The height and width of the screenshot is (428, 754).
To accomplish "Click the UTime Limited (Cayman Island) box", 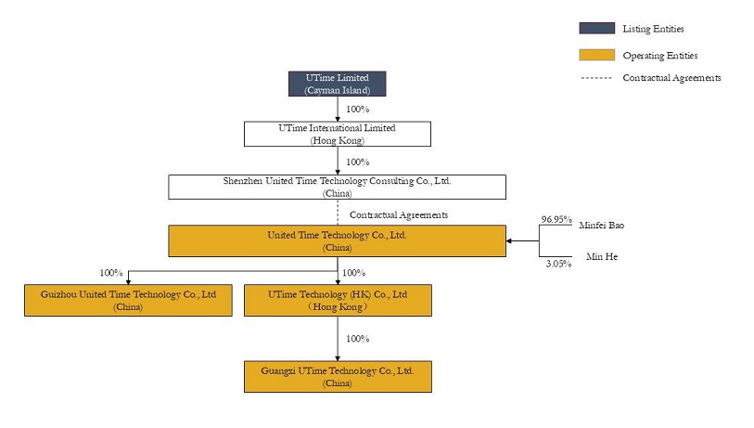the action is click(x=337, y=84).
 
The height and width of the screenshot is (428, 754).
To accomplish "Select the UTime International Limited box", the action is click(x=337, y=134).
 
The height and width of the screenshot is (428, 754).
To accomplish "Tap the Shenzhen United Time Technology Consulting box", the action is click(x=337, y=187).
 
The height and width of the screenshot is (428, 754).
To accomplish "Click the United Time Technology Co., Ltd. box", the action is click(x=337, y=240).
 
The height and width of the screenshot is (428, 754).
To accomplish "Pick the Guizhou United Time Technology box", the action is click(x=128, y=301).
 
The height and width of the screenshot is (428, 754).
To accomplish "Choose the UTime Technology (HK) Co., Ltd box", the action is click(x=338, y=301).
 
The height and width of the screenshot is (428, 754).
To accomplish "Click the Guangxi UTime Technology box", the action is click(x=338, y=377).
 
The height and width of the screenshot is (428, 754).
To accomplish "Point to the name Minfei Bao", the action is click(x=602, y=226).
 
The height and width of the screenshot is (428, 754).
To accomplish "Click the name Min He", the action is click(x=602, y=256).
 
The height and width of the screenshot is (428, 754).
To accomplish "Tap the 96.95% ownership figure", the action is click(x=556, y=219).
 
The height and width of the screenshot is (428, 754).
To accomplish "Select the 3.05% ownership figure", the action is click(x=558, y=264).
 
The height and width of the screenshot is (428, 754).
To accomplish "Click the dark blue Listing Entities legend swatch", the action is click(x=596, y=28).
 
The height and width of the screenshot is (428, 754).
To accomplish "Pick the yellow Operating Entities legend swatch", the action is click(x=596, y=55).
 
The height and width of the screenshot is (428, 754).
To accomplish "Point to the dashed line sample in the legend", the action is click(x=596, y=77).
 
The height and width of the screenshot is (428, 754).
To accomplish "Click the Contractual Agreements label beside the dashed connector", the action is click(x=399, y=214).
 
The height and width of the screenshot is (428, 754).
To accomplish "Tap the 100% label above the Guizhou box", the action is click(x=111, y=273).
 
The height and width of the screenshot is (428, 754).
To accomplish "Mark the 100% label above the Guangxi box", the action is click(x=358, y=339).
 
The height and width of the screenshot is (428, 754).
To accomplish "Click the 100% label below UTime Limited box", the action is click(x=358, y=110).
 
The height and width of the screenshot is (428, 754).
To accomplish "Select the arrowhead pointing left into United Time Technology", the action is click(x=509, y=240).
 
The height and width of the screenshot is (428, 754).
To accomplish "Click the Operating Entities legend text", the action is click(x=660, y=56).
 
